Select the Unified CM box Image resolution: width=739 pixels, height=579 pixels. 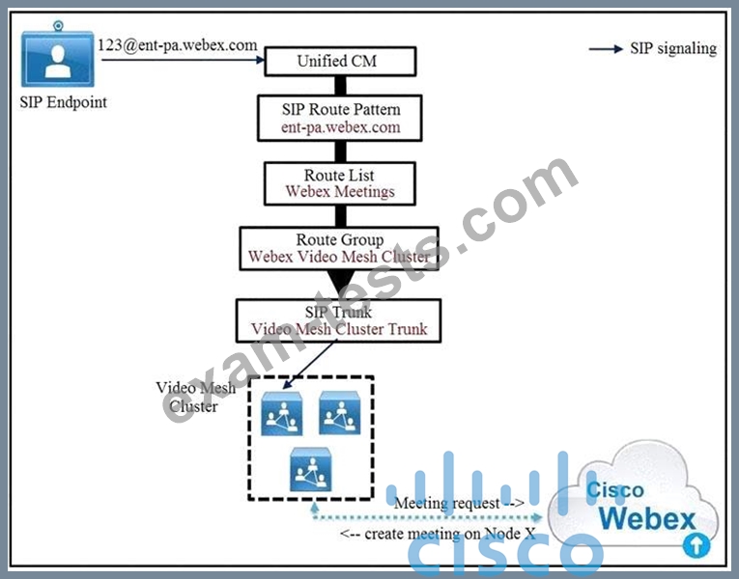click(x=341, y=61)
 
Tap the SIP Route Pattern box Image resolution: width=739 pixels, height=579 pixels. click(x=341, y=117)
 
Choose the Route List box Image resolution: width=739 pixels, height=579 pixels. click(x=340, y=183)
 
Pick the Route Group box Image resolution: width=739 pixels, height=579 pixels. click(x=339, y=248)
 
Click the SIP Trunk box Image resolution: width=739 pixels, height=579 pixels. click(x=338, y=319)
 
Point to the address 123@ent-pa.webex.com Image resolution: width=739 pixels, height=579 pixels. click(x=178, y=45)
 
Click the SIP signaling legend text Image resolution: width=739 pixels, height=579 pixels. click(x=673, y=49)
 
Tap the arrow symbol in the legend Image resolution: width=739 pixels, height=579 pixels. click(x=607, y=49)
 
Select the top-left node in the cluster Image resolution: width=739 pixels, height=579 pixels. click(x=282, y=413)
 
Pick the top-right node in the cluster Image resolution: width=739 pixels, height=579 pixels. click(x=340, y=413)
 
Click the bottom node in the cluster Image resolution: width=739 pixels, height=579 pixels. click(x=311, y=471)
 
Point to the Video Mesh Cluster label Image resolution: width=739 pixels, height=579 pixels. click(x=189, y=397)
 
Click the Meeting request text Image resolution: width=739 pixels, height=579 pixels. click(x=459, y=503)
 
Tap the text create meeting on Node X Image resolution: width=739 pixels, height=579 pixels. click(x=430, y=532)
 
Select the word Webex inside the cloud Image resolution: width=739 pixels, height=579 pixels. click(x=646, y=518)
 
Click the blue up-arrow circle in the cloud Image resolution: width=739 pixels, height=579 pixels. click(x=696, y=545)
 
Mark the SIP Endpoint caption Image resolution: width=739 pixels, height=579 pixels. click(x=64, y=101)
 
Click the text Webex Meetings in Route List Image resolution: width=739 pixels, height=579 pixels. click(x=340, y=192)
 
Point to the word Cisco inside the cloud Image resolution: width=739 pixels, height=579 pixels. click(x=616, y=490)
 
